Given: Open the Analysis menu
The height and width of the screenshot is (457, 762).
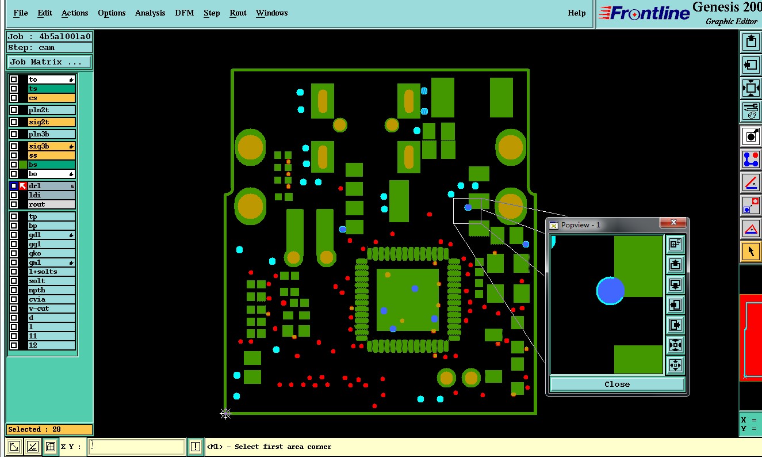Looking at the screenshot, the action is point(150,13).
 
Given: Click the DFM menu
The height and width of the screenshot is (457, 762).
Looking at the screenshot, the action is point(185,13).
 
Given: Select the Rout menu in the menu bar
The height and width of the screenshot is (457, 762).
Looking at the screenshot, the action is point(238,13).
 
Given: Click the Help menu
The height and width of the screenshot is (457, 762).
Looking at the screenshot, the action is point(577,13).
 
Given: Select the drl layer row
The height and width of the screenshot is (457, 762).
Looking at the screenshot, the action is point(51,186).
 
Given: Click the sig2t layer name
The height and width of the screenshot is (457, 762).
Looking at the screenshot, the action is point(39,122).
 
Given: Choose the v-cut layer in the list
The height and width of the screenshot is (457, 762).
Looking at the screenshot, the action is point(39,309).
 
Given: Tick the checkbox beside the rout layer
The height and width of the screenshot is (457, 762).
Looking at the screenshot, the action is point(14,204).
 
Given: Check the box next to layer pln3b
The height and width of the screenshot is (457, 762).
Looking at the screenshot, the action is point(14,134).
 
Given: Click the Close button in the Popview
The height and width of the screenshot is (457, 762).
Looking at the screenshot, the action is point(617,384).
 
